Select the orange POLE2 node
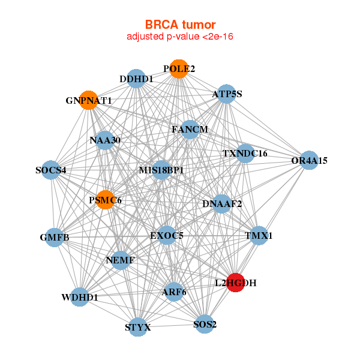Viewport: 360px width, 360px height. [x=178, y=69]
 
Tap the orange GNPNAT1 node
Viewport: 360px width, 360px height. [x=88, y=100]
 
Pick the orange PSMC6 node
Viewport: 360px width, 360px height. [x=106, y=200]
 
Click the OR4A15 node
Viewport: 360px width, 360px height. [x=308, y=160]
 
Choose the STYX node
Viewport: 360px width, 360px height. [x=139, y=327]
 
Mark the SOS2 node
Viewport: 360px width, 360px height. [x=204, y=324]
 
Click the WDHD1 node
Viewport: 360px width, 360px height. [x=80, y=297]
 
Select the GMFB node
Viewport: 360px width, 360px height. [x=55, y=238]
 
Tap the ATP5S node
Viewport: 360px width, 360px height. [x=226, y=94]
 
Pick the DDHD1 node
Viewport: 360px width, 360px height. [x=136, y=79]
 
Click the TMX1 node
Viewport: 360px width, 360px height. [x=257, y=236]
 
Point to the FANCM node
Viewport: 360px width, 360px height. [x=190, y=129]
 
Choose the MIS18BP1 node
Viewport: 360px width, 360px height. [x=161, y=170]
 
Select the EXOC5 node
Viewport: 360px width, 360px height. [x=167, y=235]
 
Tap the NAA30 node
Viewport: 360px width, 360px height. [x=105, y=140]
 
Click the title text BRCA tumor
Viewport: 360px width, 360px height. [x=180, y=25]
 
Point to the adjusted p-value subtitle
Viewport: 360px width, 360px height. [x=180, y=37]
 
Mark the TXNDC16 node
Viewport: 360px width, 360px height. [x=245, y=153]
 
